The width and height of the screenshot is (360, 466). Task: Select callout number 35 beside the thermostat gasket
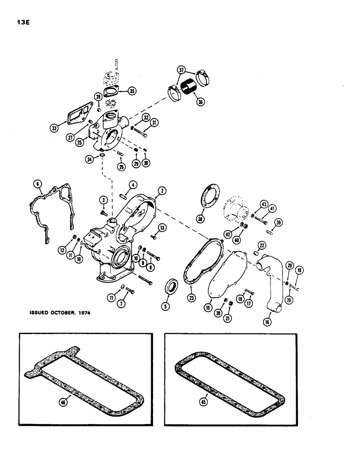132,91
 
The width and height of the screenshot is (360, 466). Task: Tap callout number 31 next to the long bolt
154,123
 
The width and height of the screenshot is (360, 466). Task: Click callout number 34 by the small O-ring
89,159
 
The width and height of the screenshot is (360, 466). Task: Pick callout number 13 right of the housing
163,227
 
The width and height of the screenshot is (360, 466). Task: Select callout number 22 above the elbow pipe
262,246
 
